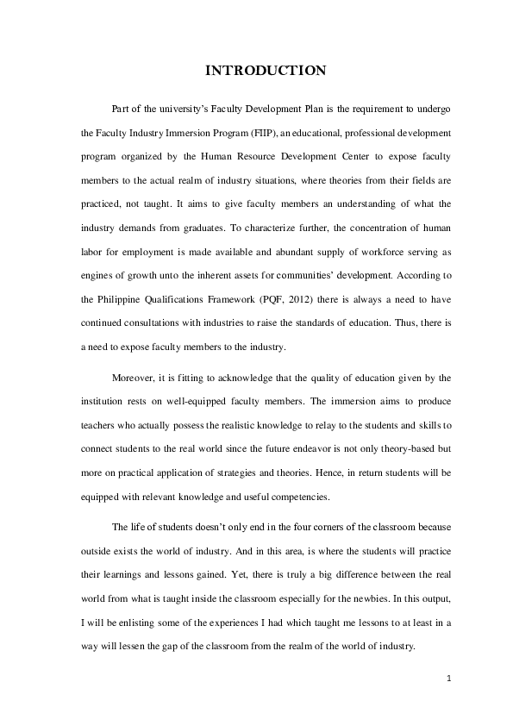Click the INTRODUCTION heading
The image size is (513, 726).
[x=265, y=71]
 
